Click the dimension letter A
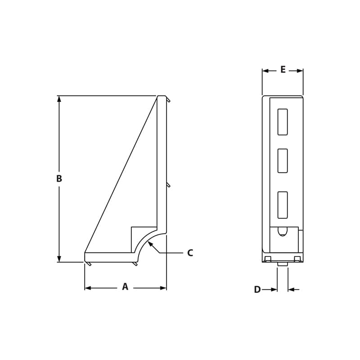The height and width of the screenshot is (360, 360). point(125,287)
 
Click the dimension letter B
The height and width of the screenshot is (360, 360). point(59,179)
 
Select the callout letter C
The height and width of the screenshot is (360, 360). point(190,253)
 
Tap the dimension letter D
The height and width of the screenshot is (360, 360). point(257,290)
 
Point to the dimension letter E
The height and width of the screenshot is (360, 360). point(283,70)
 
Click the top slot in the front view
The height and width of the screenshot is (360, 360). point(283,122)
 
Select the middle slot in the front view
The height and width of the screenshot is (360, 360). point(283,161)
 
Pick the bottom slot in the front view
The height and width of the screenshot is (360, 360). point(283,205)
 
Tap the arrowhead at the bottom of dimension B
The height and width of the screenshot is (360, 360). point(59,259)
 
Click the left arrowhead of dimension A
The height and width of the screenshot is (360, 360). point(88,288)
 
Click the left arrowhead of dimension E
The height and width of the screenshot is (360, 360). point(265,71)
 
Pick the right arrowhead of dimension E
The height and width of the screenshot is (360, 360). point(300,71)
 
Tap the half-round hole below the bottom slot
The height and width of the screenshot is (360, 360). point(283,231)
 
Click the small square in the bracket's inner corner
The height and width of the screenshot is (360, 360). point(143,238)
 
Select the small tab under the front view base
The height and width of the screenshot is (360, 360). point(282,264)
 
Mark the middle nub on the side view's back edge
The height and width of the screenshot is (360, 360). point(168,184)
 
